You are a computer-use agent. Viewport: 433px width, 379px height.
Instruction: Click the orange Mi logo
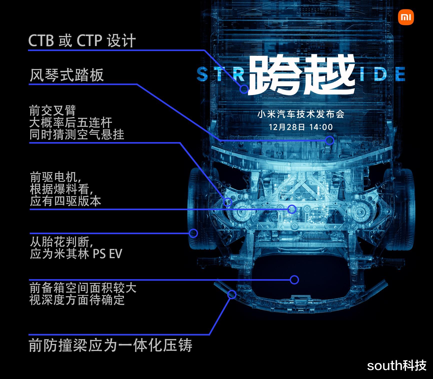point(406,17)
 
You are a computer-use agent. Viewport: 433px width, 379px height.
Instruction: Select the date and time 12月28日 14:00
point(301,127)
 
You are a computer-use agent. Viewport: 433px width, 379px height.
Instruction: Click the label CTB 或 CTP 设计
point(82,40)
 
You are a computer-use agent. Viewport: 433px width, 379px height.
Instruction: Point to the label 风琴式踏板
point(66,75)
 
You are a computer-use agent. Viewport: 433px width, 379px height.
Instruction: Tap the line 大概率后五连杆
point(70,123)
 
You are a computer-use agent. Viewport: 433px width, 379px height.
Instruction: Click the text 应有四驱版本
point(65,201)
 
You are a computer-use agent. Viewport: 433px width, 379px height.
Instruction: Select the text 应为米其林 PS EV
point(76,254)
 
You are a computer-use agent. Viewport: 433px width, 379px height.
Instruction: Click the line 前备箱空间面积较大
point(83,288)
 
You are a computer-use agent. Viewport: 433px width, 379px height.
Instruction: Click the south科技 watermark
point(396,365)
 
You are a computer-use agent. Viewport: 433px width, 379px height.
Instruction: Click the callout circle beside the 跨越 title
point(244,89)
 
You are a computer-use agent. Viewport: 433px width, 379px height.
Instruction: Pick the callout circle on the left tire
point(193,233)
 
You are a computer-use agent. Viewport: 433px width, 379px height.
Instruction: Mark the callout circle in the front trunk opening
point(294,279)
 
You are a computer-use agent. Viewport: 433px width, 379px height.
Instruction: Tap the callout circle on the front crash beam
point(232,294)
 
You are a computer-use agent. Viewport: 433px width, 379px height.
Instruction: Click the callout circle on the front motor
point(292,209)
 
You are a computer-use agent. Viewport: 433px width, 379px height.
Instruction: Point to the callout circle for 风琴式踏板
point(329,140)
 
